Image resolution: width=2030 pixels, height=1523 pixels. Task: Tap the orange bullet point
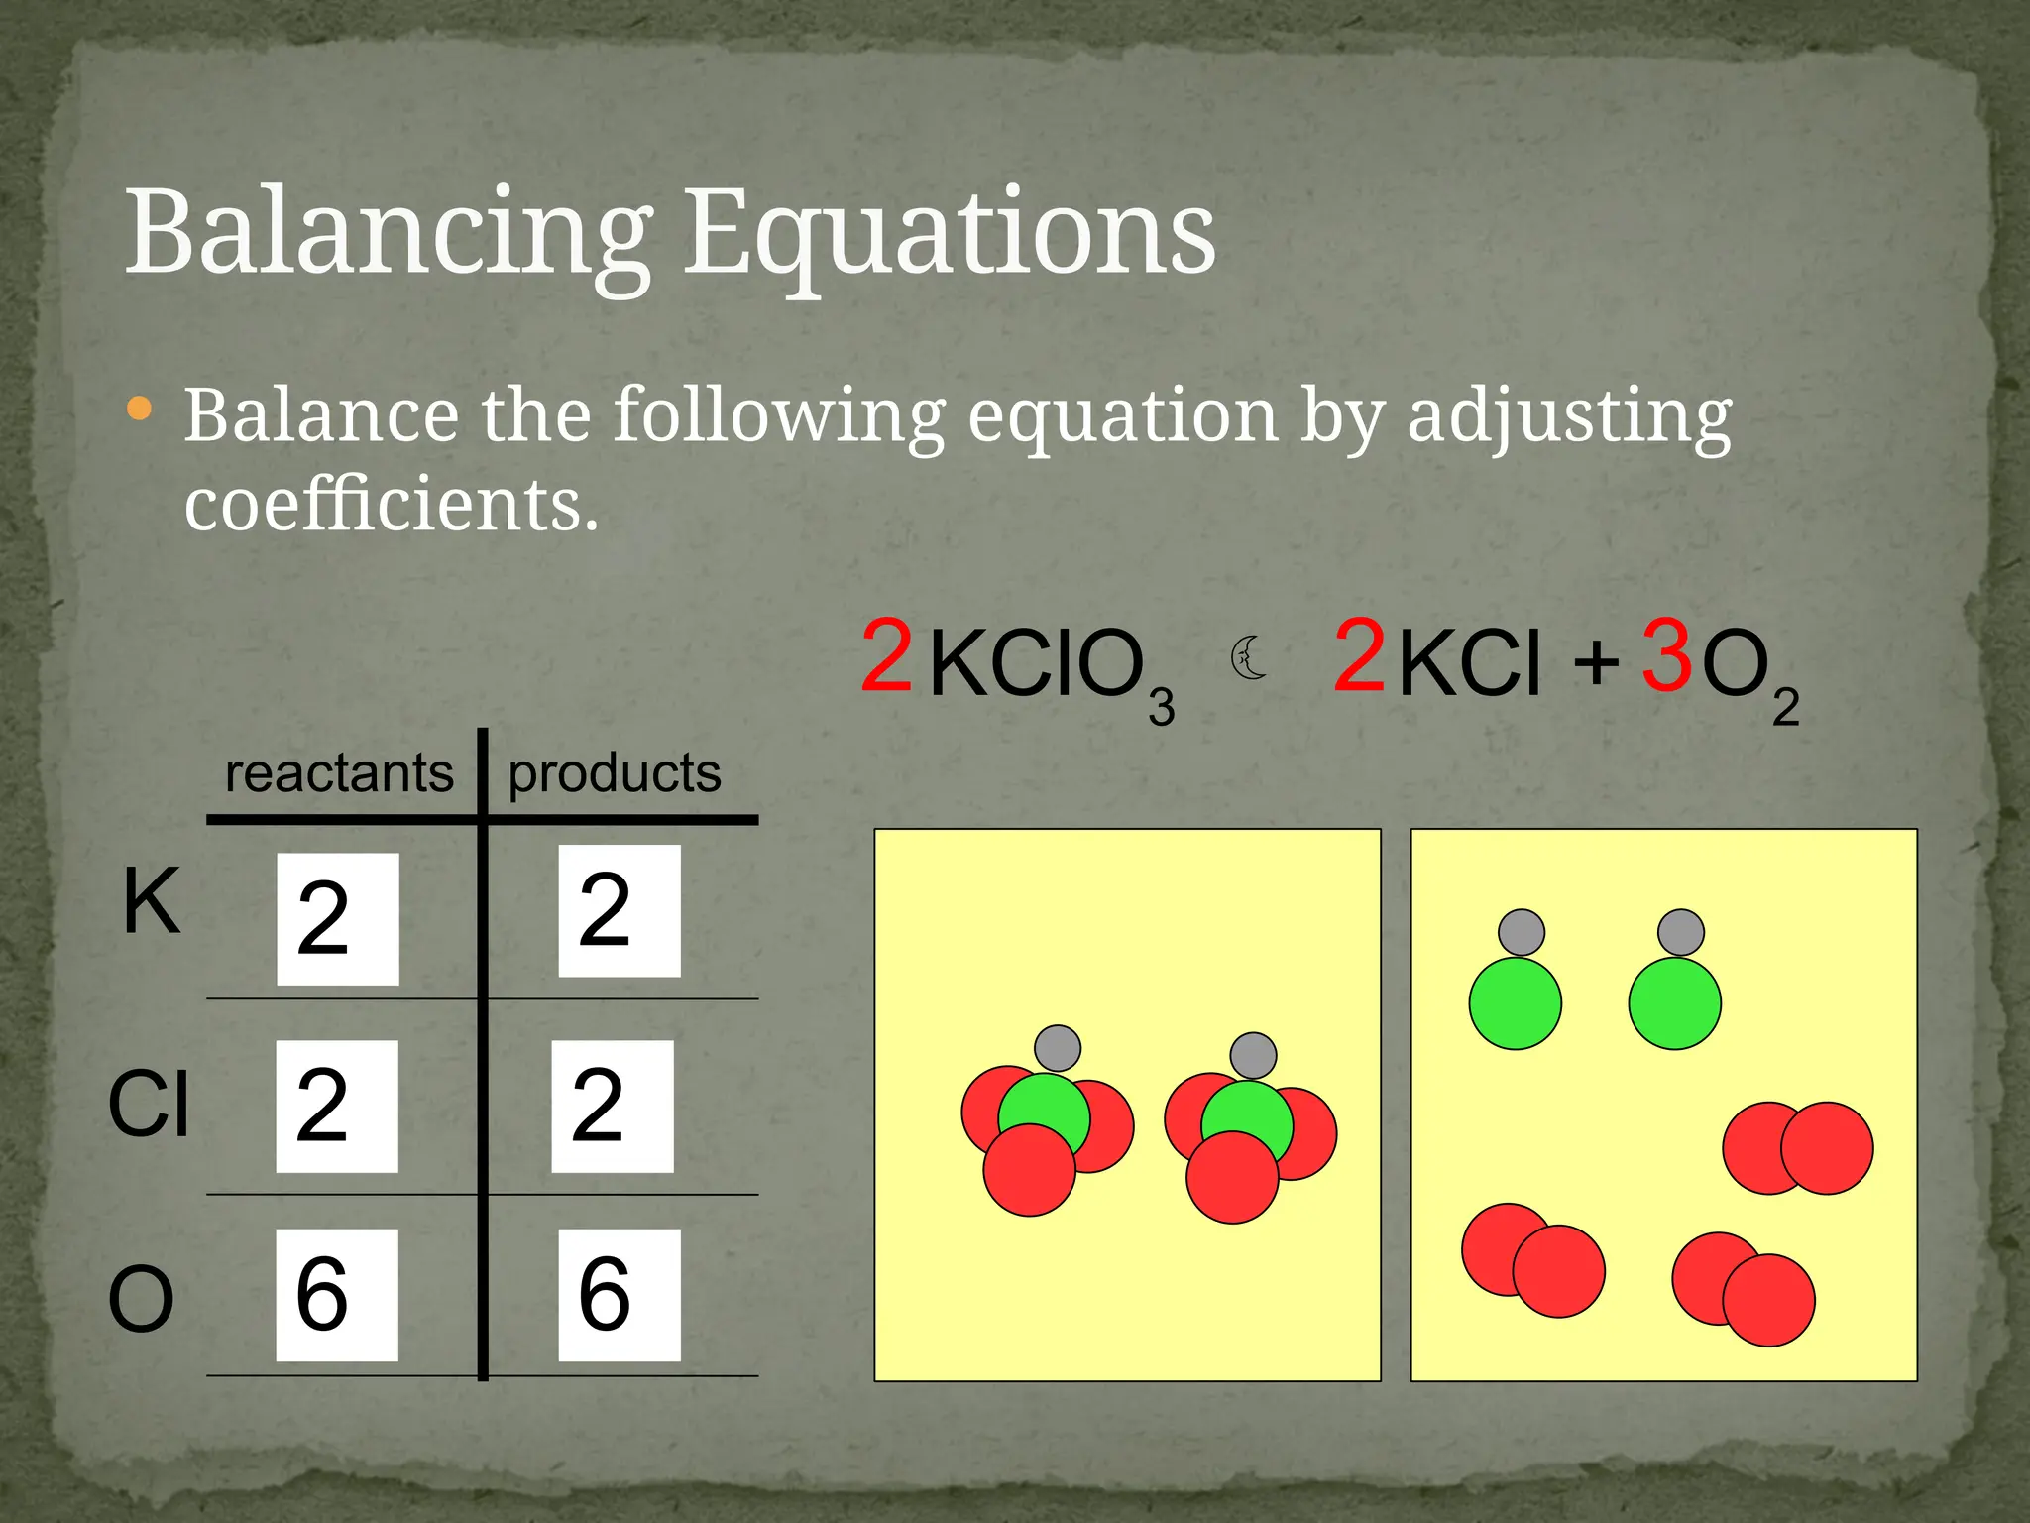[140, 408]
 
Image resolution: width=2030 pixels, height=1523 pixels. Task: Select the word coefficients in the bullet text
[392, 504]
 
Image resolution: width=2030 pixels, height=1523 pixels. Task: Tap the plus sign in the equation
[1596, 661]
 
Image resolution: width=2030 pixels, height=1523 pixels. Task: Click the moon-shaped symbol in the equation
[1250, 658]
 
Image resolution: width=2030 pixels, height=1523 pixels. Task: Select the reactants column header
[339, 772]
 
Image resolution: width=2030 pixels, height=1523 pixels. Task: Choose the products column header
[615, 772]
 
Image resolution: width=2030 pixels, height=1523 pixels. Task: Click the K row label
[152, 900]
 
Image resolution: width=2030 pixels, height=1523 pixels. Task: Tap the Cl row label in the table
[149, 1104]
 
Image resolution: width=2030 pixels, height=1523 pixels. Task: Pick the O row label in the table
[141, 1299]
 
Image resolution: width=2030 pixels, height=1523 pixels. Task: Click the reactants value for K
[337, 919]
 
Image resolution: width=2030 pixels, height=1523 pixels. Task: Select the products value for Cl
[612, 1106]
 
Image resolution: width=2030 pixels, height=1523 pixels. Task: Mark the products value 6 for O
[619, 1294]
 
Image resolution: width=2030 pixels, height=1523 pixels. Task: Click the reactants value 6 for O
[336, 1294]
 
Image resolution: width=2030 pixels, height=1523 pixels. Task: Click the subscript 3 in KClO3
[1161, 707]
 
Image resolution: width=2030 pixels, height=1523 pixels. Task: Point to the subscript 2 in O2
[1785, 708]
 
